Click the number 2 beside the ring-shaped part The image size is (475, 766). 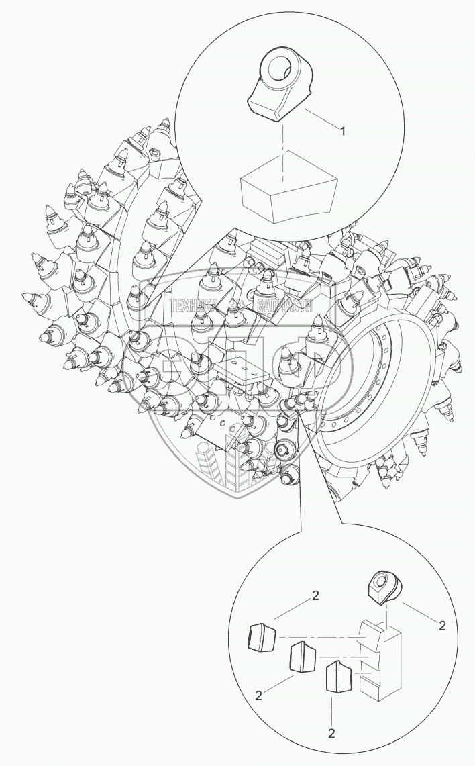441,625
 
